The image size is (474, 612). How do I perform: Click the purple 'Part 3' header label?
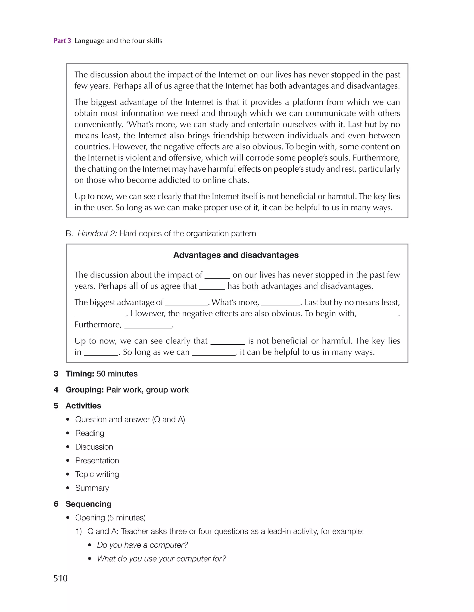pos(62,41)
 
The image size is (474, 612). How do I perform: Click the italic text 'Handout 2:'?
pos(97,233)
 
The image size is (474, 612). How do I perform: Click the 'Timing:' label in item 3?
pos(80,374)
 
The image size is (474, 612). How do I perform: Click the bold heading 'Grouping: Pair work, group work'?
pos(127,389)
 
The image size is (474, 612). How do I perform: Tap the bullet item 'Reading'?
pos(90,433)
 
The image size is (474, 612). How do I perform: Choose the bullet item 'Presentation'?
pos(97,461)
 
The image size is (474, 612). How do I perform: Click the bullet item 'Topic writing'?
pos(97,474)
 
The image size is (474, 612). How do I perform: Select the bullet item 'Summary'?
pos(92,488)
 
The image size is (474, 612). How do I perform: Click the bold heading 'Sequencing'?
pos(88,504)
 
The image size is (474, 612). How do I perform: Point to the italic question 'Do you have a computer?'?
pos(142,545)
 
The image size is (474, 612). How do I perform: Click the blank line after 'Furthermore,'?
pos(148,326)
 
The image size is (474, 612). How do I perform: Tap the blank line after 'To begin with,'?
pos(378,314)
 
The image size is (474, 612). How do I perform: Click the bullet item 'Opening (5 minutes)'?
pos(110,518)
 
